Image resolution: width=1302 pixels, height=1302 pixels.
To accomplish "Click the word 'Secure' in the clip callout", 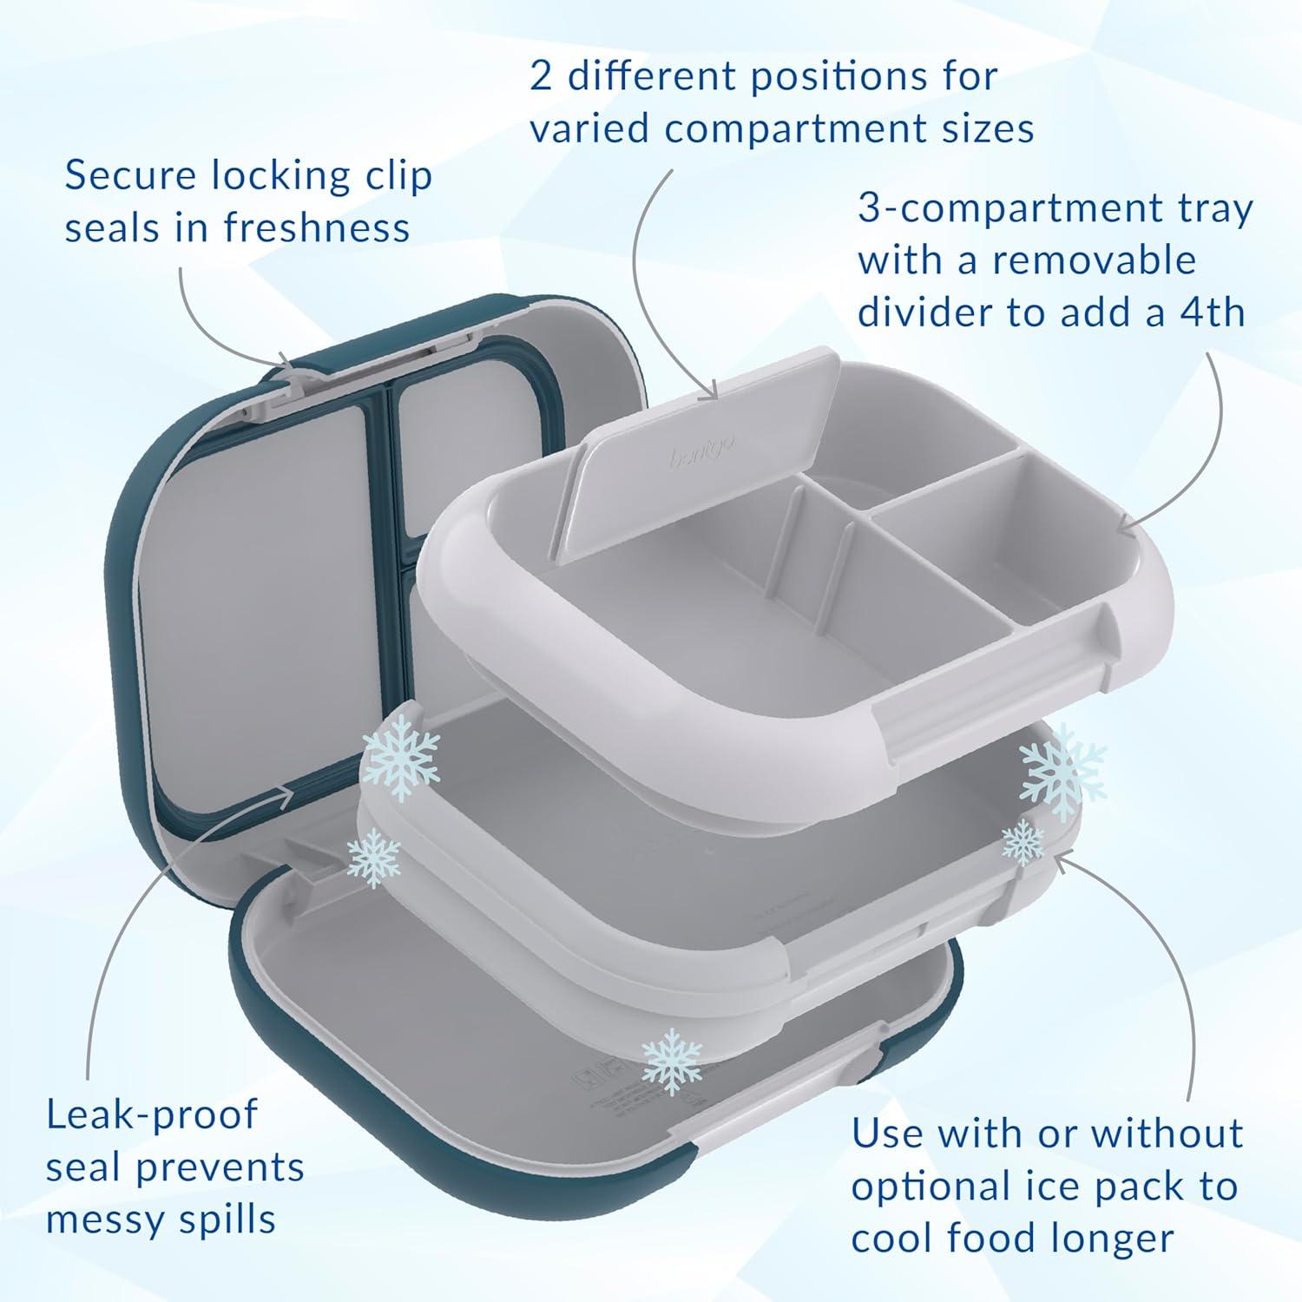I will [128, 176].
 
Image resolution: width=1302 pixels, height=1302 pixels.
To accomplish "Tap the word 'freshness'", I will [317, 228].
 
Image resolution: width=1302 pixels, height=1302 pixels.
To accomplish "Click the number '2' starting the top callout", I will [541, 76].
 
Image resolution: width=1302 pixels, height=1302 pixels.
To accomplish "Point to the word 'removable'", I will [1095, 260].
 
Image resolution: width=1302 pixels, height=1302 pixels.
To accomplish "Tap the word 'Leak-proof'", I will [152, 1115].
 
